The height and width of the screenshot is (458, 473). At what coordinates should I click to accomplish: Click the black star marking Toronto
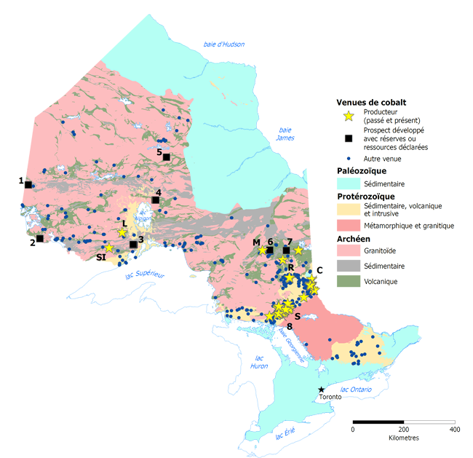pyautogui.click(x=321, y=390)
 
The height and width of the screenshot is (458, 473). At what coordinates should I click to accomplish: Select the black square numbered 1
pyautogui.click(x=28, y=184)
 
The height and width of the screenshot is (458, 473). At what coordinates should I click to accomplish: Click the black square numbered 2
pyautogui.click(x=40, y=238)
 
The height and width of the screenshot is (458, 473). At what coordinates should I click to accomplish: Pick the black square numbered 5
pyautogui.click(x=166, y=157)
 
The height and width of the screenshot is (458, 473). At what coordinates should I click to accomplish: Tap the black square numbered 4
pyautogui.click(x=155, y=200)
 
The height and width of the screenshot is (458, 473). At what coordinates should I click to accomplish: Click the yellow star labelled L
pyautogui.click(x=122, y=233)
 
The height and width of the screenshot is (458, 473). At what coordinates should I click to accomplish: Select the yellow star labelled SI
pyautogui.click(x=108, y=248)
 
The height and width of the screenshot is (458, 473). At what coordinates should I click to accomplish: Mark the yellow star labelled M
pyautogui.click(x=262, y=250)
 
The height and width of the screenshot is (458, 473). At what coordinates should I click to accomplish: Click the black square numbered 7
pyautogui.click(x=286, y=250)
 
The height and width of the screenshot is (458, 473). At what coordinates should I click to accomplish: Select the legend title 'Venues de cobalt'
pyautogui.click(x=371, y=102)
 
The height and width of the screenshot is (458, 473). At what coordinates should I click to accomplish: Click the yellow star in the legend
pyautogui.click(x=349, y=115)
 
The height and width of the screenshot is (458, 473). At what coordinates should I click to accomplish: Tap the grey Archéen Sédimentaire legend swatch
pyautogui.click(x=349, y=266)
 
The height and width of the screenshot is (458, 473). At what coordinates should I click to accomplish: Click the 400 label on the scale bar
pyautogui.click(x=455, y=429)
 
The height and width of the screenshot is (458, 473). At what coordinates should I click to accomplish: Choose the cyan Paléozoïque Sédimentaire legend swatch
pyautogui.click(x=349, y=184)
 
